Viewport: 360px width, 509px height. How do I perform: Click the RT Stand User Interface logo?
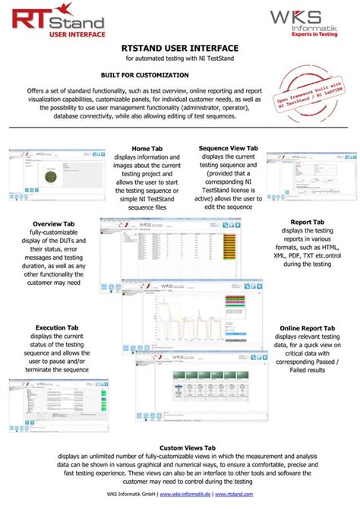(57, 23)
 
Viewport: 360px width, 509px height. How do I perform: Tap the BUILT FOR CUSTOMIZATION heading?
(144, 75)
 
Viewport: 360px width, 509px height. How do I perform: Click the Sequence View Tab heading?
(229, 148)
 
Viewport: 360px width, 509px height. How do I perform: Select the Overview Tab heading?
(52, 225)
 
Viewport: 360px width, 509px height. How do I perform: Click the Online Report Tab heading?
(308, 327)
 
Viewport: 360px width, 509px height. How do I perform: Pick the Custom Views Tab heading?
(180, 448)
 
